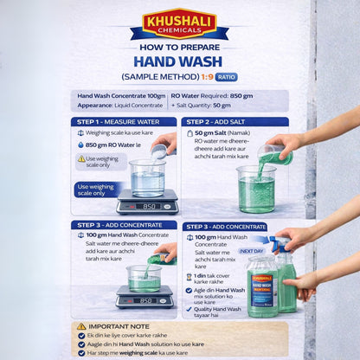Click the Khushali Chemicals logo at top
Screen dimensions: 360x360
pyautogui.click(x=179, y=25)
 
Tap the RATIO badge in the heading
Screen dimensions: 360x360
pyautogui.click(x=226, y=76)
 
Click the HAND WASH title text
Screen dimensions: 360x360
pyautogui.click(x=179, y=61)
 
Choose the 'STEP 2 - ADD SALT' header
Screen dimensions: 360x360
pyautogui.click(x=234, y=122)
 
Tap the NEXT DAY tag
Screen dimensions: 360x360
pyautogui.click(x=251, y=250)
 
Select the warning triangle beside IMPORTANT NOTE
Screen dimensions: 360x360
pyautogui.click(x=82, y=326)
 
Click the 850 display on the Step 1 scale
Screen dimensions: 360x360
pyautogui.click(x=148, y=207)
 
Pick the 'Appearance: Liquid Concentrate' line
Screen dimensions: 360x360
pyautogui.click(x=120, y=105)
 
